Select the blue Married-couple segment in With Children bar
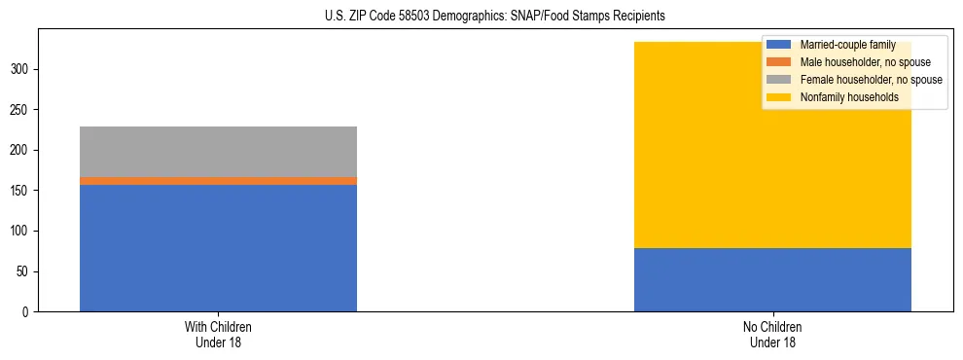click(x=218, y=248)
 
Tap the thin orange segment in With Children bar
click(x=218, y=181)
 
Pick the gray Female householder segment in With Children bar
click(x=218, y=152)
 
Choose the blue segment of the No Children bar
click(x=772, y=280)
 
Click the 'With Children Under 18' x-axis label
click(x=218, y=334)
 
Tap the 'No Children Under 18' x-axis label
click(x=772, y=334)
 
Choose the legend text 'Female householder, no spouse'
click(x=871, y=80)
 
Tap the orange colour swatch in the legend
click(x=779, y=62)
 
